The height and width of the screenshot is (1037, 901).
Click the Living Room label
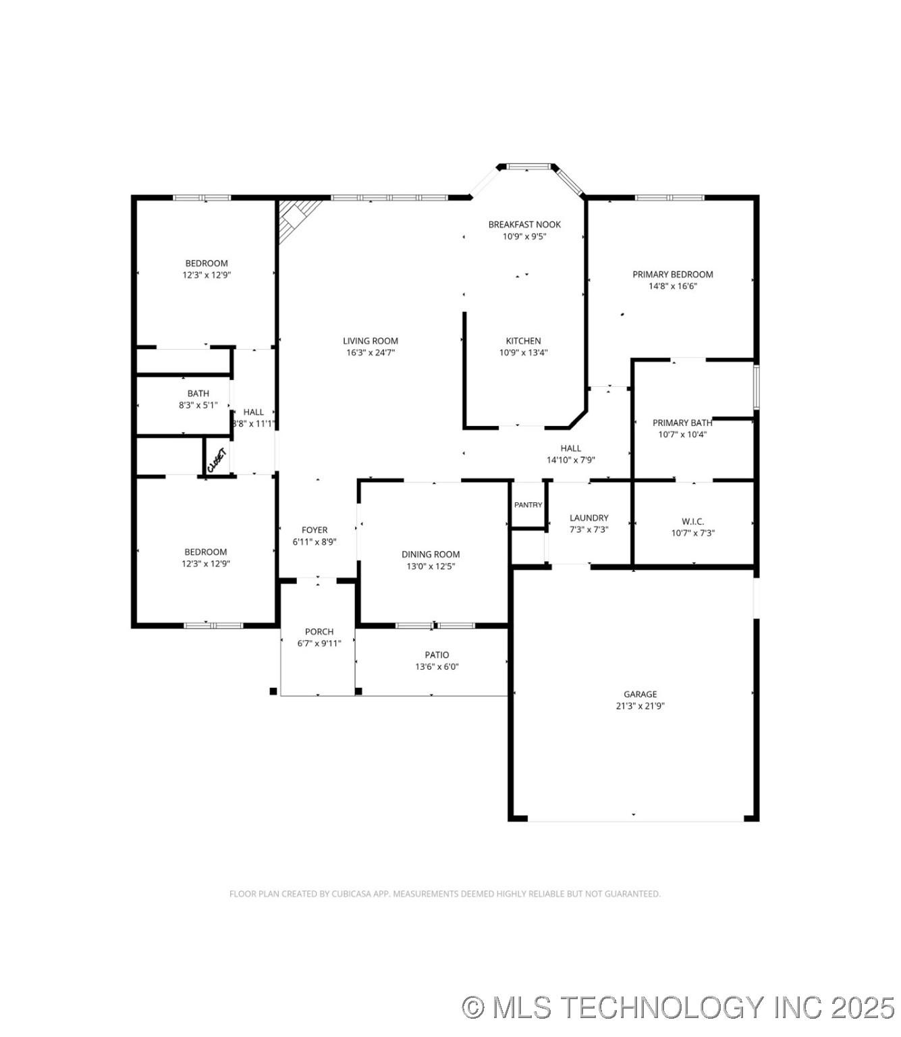(370, 341)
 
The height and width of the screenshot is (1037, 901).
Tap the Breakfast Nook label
(524, 224)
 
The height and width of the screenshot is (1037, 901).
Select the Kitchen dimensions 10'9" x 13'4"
(523, 352)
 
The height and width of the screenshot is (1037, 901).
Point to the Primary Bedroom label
(672, 274)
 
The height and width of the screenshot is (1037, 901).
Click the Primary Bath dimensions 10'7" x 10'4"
(682, 435)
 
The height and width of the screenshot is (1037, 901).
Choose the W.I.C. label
(692, 521)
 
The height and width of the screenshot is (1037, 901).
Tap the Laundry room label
(589, 518)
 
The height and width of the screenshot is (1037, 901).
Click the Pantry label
(528, 505)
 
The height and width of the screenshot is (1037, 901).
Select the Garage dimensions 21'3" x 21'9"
(640, 706)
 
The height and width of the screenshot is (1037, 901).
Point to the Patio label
(437, 655)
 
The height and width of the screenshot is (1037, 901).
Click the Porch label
(319, 632)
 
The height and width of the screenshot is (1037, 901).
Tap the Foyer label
(315, 530)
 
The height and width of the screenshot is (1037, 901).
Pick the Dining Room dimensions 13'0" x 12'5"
(431, 566)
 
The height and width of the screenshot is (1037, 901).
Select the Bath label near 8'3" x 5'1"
(198, 394)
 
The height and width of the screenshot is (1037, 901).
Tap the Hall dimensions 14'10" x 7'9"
(570, 460)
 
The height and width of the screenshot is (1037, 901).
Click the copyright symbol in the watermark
(473, 1007)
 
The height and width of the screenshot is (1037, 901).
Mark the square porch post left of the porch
(273, 691)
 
